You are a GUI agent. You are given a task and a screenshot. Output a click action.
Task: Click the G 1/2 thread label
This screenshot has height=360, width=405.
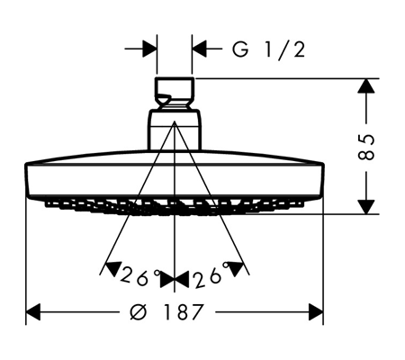click(x=268, y=49)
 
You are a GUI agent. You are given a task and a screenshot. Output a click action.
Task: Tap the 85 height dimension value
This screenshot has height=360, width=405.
click(x=366, y=147)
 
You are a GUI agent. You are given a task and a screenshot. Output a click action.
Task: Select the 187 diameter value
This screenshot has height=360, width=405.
click(x=183, y=311)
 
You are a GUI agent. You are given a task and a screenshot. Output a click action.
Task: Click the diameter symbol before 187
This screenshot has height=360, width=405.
click(x=139, y=311)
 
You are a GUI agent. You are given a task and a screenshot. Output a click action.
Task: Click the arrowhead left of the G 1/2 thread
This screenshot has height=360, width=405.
click(x=149, y=48)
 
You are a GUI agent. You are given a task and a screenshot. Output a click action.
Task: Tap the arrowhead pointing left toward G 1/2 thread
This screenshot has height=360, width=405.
click(x=199, y=48)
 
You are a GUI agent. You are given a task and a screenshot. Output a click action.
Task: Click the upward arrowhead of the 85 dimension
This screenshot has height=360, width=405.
click(x=366, y=85)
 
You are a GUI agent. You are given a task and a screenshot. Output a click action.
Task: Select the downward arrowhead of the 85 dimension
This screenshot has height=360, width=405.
click(x=366, y=207)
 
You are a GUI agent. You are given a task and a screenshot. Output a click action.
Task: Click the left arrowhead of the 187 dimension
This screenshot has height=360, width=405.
click(x=33, y=312)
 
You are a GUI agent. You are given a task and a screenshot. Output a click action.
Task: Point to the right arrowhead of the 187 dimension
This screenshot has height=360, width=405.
click(x=316, y=312)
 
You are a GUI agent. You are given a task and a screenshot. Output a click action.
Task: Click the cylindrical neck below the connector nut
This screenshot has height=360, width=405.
click(x=175, y=130)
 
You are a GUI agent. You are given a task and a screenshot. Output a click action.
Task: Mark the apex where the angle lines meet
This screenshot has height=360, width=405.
click(x=175, y=121)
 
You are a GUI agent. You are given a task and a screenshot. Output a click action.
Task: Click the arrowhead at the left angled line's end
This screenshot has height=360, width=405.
click(x=112, y=268)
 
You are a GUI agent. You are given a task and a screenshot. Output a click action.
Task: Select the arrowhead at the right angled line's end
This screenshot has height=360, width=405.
click(x=236, y=268)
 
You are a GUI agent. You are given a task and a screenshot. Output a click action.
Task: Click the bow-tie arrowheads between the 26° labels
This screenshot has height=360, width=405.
click(x=175, y=280)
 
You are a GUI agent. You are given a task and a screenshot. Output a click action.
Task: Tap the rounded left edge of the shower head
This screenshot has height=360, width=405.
click(x=27, y=179)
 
